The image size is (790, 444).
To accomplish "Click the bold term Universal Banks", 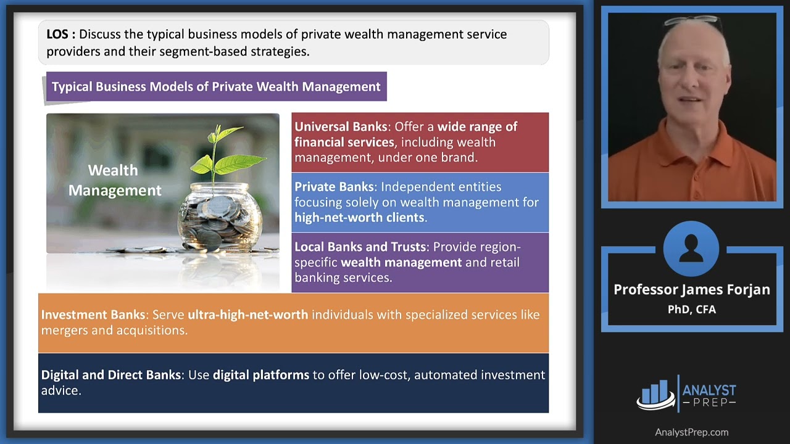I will pos(341,127).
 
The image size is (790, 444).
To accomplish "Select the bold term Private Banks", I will pos(334,187).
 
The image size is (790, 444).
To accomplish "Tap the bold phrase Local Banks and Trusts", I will pos(360,247).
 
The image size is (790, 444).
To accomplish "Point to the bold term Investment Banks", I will pos(93,315).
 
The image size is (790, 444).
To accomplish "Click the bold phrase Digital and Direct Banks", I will pos(111,375).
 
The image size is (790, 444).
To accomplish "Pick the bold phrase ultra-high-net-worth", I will pos(247,315).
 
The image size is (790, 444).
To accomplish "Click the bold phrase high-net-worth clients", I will pos(359,218).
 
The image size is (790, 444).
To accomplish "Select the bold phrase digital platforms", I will pos(260,375).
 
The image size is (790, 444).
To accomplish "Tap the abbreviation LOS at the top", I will pos(60,35).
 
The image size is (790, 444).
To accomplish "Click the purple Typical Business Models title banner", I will pos(216,87).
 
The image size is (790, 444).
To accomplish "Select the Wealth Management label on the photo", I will pos(114,180).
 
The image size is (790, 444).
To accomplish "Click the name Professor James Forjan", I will pos(691,290).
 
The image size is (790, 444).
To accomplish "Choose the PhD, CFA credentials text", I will pos(691,309).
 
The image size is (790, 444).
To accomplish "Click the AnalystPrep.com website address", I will pos(691,432).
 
